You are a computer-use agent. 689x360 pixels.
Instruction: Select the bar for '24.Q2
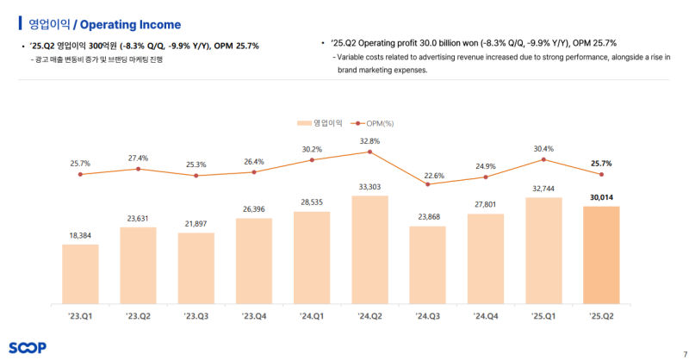369,249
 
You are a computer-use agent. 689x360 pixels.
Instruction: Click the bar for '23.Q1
80,273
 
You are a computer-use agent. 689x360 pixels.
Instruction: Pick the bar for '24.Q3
427,264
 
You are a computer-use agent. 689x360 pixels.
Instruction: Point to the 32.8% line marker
369,152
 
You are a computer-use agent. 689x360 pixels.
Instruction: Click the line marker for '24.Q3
427,183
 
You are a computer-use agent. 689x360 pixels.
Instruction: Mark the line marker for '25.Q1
543,159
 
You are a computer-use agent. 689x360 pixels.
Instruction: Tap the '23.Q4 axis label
253,317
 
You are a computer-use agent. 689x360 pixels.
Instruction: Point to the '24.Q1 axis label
311,317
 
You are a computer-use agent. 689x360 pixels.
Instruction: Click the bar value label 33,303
369,186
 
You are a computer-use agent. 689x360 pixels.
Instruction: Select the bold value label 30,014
601,197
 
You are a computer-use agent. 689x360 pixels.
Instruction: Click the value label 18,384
80,234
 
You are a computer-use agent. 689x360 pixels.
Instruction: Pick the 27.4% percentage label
138,158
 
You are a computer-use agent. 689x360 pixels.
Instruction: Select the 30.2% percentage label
311,149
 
